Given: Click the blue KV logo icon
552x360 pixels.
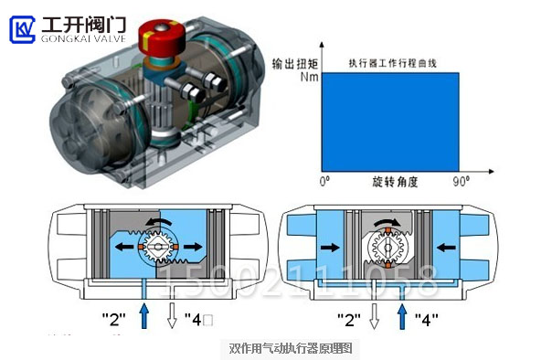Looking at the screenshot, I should click(x=22, y=29).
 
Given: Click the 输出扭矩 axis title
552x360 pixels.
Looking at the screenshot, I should click(x=294, y=63).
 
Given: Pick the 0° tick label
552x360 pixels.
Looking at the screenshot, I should click(x=324, y=181).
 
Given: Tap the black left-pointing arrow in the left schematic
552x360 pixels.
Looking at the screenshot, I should click(x=125, y=247).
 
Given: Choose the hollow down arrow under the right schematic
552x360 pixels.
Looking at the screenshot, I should click(x=373, y=317).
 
